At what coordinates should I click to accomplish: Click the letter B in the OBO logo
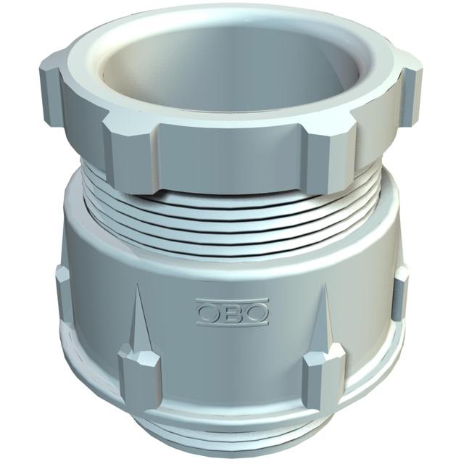click(233, 312)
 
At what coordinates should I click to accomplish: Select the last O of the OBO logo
click(256, 312)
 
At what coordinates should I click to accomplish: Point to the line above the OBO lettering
click(233, 301)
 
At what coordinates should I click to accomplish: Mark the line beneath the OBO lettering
click(233, 324)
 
